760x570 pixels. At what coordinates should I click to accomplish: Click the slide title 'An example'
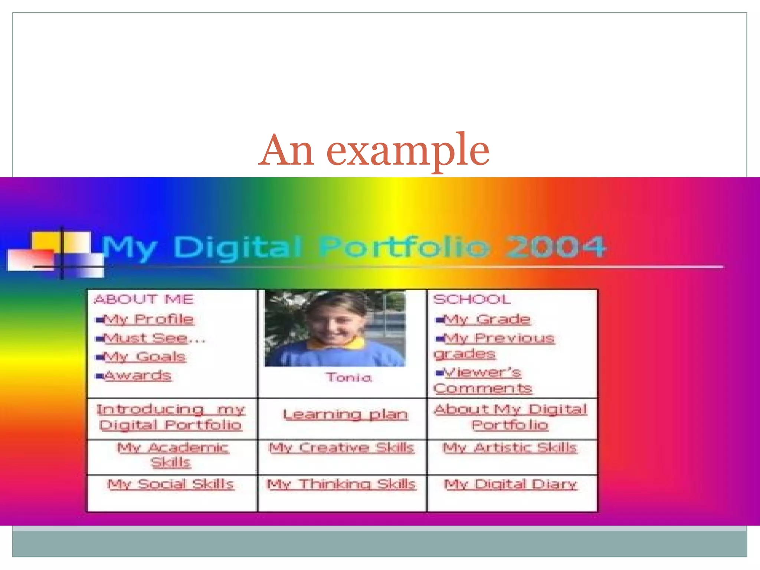pos(374,150)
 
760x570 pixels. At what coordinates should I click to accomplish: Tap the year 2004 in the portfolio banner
pos(556,247)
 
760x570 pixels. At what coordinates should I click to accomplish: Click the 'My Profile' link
pos(148,320)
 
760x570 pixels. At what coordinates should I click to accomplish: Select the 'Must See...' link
pos(154,338)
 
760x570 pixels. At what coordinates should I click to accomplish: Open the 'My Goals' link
pos(145,357)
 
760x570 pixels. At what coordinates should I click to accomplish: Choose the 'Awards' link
pos(138,376)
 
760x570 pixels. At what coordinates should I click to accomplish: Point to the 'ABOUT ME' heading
pos(144,299)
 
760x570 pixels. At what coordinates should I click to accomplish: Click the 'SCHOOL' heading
pos(472,299)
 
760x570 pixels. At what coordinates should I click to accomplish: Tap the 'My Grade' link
pos(487,320)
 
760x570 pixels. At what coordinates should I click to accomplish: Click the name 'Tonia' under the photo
pos(348,378)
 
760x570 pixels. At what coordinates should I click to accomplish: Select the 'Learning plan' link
pos(345,415)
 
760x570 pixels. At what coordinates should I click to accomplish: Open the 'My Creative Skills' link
pos(341,448)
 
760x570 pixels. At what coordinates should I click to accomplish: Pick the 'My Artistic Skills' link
pos(510,448)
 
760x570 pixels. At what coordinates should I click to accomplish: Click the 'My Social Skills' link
pos(171,484)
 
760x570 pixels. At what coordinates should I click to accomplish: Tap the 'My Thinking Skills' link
pos(341,484)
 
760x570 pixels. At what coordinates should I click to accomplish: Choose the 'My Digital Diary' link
pos(510,484)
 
